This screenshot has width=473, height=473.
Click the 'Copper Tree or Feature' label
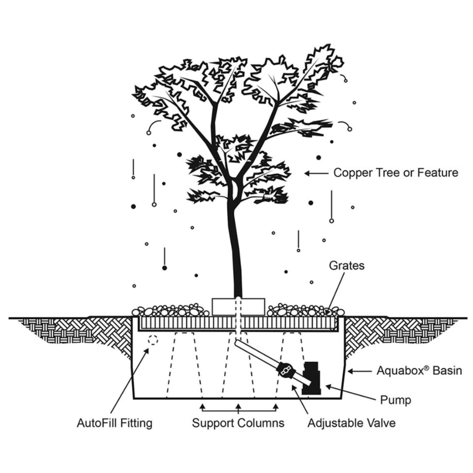[395, 173]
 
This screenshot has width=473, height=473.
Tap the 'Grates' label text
[347, 265]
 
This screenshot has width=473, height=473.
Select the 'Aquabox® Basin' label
[419, 370]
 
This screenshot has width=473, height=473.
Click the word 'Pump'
[395, 400]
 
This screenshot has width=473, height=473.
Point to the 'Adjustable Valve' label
[351, 423]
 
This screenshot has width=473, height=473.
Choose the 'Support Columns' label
[238, 423]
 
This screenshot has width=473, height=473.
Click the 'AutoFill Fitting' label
[115, 423]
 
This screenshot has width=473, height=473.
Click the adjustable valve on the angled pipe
[285, 370]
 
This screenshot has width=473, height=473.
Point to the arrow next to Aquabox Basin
[360, 370]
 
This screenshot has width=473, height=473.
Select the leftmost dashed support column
[185, 364]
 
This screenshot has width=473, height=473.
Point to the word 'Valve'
[381, 423]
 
